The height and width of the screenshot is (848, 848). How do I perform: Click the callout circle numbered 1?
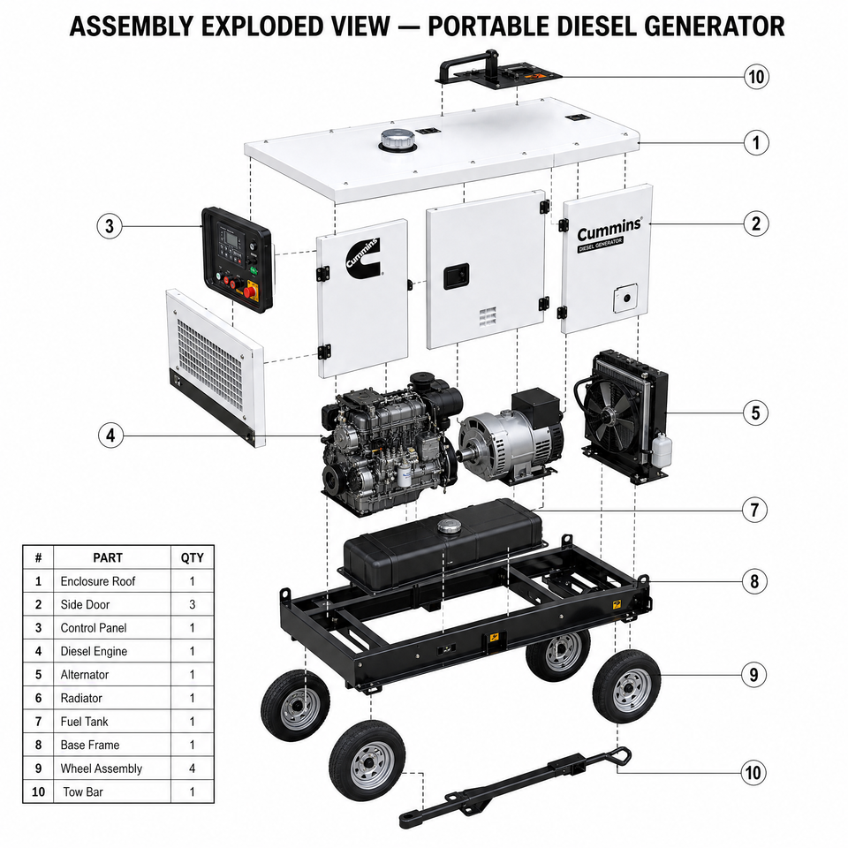[755, 143]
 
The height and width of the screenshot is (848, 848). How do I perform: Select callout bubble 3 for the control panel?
[110, 225]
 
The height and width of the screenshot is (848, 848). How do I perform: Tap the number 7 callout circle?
[754, 510]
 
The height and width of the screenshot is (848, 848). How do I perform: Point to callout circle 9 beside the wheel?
[753, 674]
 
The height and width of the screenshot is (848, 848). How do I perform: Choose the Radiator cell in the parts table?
[81, 698]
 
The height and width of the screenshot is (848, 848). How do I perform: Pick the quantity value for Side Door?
[192, 604]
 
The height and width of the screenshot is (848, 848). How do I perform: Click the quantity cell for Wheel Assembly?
[192, 768]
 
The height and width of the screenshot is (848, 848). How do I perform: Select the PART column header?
[108, 557]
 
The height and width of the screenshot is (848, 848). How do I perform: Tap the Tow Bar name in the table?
[83, 791]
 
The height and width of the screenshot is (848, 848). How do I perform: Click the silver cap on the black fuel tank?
[448, 526]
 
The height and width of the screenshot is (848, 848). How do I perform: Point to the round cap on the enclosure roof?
[397, 140]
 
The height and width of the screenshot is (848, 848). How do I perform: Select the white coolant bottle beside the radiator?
[661, 450]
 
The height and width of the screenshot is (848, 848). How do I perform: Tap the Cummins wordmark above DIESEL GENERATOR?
[609, 231]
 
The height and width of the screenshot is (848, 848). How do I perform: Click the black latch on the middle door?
[456, 276]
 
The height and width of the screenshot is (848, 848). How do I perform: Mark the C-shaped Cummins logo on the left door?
[363, 258]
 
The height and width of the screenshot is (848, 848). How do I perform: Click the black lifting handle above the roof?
[469, 64]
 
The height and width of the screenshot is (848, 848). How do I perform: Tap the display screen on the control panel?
[231, 238]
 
